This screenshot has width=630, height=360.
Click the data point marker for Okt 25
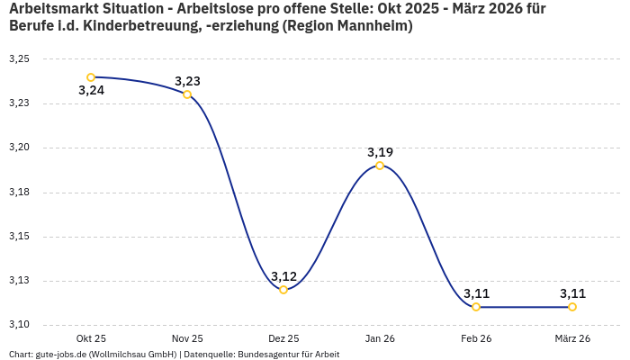91,77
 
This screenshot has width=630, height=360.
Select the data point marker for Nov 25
187,94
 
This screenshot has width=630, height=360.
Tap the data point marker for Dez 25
283,290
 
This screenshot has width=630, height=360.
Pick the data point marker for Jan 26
380,166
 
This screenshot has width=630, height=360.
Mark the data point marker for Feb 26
476,307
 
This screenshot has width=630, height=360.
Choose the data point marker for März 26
572,307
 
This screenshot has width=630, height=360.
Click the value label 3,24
91,90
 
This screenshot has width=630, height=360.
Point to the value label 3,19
380,152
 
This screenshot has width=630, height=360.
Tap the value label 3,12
283,276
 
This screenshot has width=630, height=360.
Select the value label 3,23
187,81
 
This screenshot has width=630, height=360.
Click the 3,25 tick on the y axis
19,59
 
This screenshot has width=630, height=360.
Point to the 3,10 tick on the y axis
19,325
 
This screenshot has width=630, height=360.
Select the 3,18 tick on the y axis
19,193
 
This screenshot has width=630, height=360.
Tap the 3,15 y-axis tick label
19,237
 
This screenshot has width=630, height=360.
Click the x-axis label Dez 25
283,338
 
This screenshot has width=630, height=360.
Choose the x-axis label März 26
572,338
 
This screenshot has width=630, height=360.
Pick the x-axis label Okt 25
91,338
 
